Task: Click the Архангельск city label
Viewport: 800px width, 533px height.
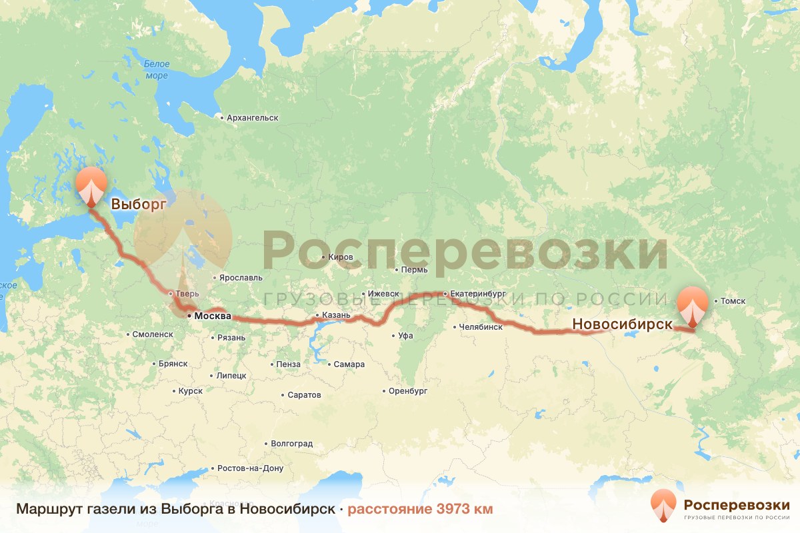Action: [x=252, y=118]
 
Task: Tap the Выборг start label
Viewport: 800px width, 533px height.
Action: [x=137, y=205]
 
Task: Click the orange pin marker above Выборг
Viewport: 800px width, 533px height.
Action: [x=91, y=185]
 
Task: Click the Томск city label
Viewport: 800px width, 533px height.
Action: [x=732, y=301]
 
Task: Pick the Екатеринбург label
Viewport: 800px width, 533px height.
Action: [x=478, y=293]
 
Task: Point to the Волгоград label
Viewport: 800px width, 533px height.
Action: [x=292, y=443]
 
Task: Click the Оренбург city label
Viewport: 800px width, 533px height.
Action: [x=408, y=391]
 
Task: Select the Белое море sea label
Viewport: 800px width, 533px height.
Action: [x=157, y=70]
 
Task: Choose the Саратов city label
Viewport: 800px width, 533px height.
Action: [x=304, y=395]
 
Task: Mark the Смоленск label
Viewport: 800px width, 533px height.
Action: [x=153, y=334]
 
